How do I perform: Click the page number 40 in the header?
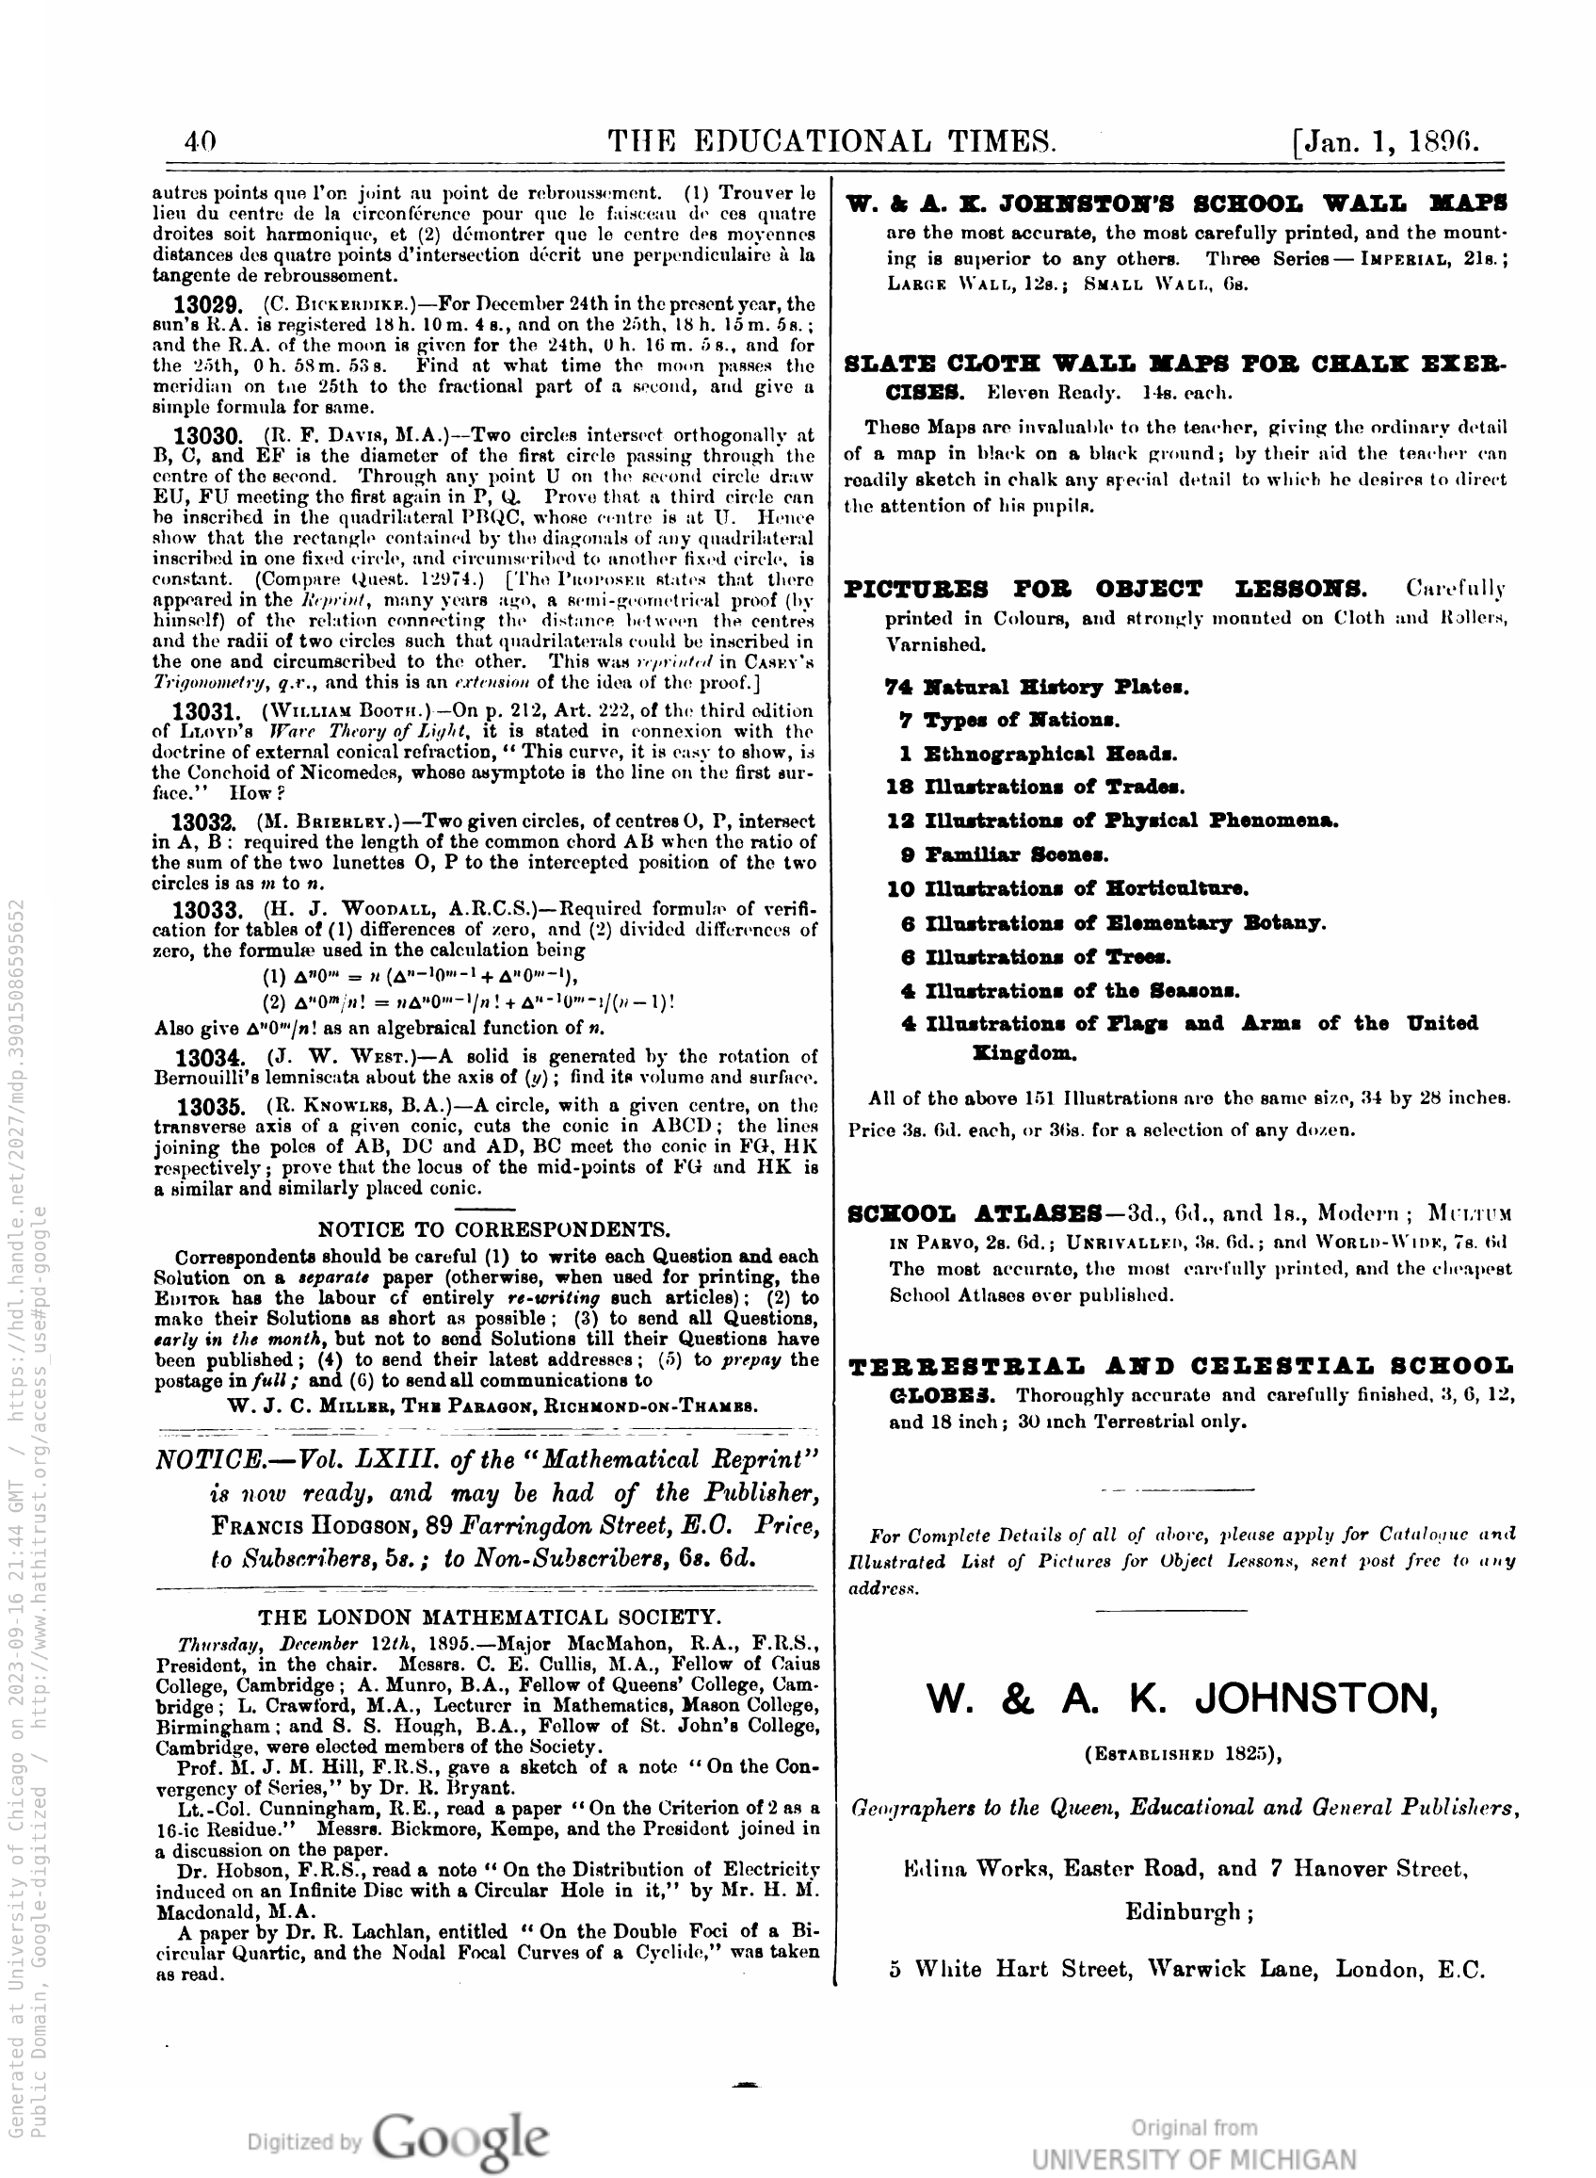[200, 143]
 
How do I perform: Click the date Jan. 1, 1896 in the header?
[1385, 143]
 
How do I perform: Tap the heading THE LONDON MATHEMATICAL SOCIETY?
[489, 1617]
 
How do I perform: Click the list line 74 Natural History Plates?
[1037, 687]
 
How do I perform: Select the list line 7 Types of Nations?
[1008, 721]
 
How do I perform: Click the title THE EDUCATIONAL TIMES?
[831, 143]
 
